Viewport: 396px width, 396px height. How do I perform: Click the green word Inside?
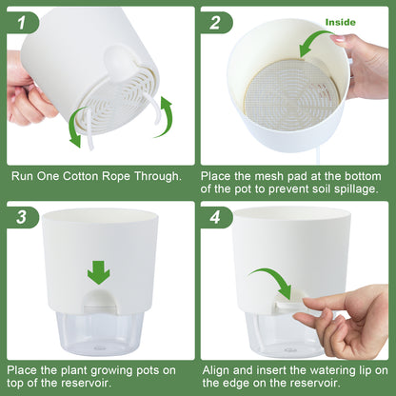point(340,21)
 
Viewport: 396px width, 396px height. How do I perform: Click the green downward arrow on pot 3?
point(98,273)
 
